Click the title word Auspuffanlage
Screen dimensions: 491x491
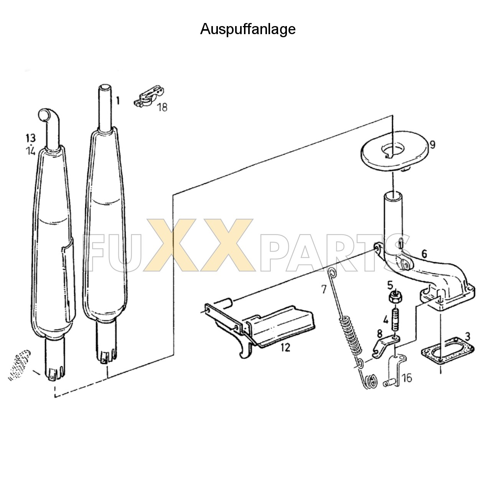click(x=248, y=29)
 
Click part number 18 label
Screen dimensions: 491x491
click(x=162, y=107)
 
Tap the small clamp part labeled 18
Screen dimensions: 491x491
click(x=149, y=97)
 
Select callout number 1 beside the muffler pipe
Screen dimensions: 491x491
click(x=118, y=101)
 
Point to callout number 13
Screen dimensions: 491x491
click(x=31, y=138)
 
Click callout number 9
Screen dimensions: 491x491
click(x=432, y=145)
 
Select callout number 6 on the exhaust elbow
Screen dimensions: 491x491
click(x=424, y=254)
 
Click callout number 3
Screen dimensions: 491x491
click(x=467, y=336)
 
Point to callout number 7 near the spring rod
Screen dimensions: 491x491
click(x=324, y=289)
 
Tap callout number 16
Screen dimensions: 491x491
click(x=407, y=378)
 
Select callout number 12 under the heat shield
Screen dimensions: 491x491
click(x=286, y=348)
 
